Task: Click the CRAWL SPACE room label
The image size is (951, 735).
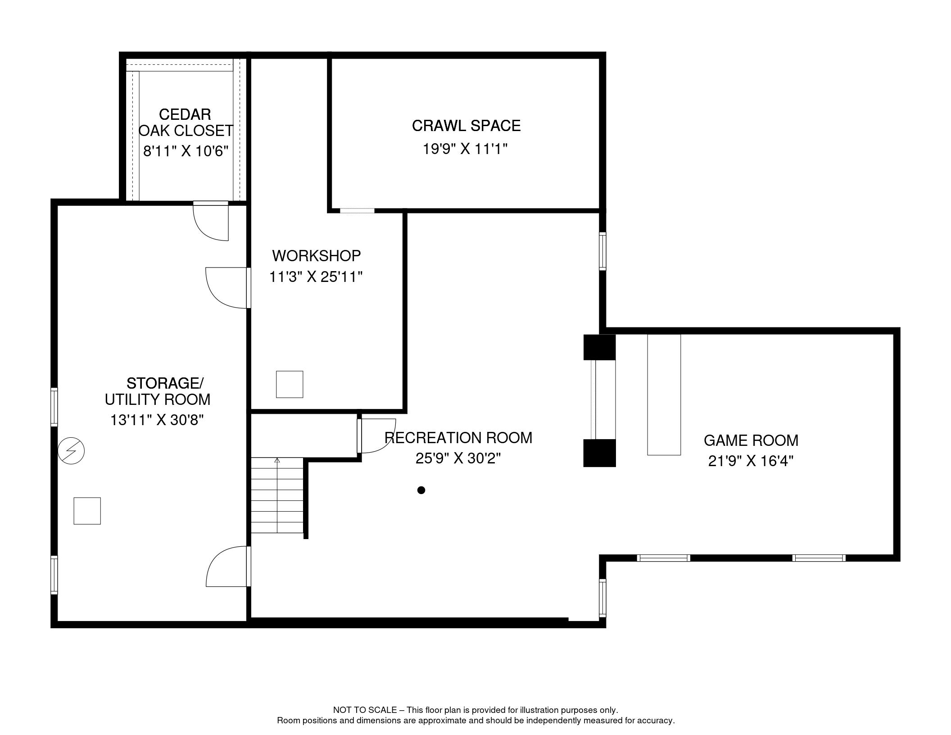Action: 466,126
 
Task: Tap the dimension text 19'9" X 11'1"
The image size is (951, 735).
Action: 465,149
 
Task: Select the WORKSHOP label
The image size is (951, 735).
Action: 317,256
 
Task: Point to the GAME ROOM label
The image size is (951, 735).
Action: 751,440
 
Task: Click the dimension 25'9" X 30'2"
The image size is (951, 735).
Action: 458,458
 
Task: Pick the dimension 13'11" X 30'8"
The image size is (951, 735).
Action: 157,420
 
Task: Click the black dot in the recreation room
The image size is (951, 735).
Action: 421,490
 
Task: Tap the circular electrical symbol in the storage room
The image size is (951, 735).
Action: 72,450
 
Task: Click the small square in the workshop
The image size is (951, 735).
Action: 290,384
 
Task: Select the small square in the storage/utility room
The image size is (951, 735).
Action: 87,511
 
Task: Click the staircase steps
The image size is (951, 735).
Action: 277,495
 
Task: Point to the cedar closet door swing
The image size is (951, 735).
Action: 211,222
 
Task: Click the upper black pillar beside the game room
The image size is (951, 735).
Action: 599,347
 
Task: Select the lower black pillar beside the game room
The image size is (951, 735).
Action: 599,453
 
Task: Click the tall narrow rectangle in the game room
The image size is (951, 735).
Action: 664,395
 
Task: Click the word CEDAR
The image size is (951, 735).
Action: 185,114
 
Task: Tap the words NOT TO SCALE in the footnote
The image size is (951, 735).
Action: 365,710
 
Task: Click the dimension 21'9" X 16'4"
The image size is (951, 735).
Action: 751,461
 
